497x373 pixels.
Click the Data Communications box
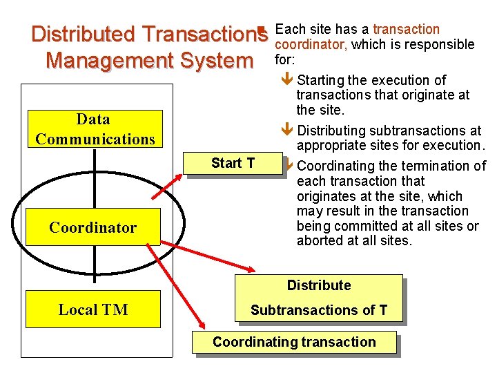[x=93, y=129]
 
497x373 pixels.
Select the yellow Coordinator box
[x=93, y=227]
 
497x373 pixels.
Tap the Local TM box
[x=93, y=309]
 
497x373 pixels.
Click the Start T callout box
[x=233, y=163]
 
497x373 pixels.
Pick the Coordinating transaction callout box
[x=294, y=342]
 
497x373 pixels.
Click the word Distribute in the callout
[x=319, y=285]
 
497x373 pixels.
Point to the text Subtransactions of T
[x=319, y=310]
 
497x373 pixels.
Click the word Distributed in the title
[x=84, y=34]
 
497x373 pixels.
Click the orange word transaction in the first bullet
[x=406, y=29]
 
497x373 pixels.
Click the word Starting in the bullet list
[x=323, y=81]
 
